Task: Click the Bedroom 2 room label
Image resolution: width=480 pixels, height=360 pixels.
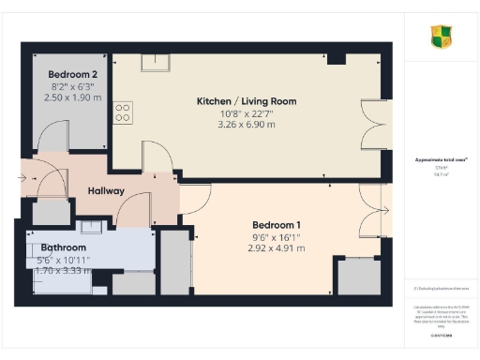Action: point(73,74)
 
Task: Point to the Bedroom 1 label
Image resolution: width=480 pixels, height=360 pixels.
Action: point(277,225)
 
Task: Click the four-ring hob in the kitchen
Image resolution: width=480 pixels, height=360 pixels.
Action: point(123,112)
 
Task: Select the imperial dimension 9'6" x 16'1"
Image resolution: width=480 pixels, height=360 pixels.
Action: point(277,237)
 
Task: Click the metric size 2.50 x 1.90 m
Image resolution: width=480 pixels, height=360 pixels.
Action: point(73,97)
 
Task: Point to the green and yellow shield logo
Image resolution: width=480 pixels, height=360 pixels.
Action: point(441,37)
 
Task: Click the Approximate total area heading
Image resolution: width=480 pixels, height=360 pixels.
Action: point(441,160)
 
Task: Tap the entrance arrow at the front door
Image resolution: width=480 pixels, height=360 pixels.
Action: point(24,175)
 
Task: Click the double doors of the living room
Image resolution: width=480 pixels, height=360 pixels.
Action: point(375,125)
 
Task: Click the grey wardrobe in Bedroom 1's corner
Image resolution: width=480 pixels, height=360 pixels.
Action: point(358,277)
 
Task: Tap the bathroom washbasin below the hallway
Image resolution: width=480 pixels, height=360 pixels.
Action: point(91,227)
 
